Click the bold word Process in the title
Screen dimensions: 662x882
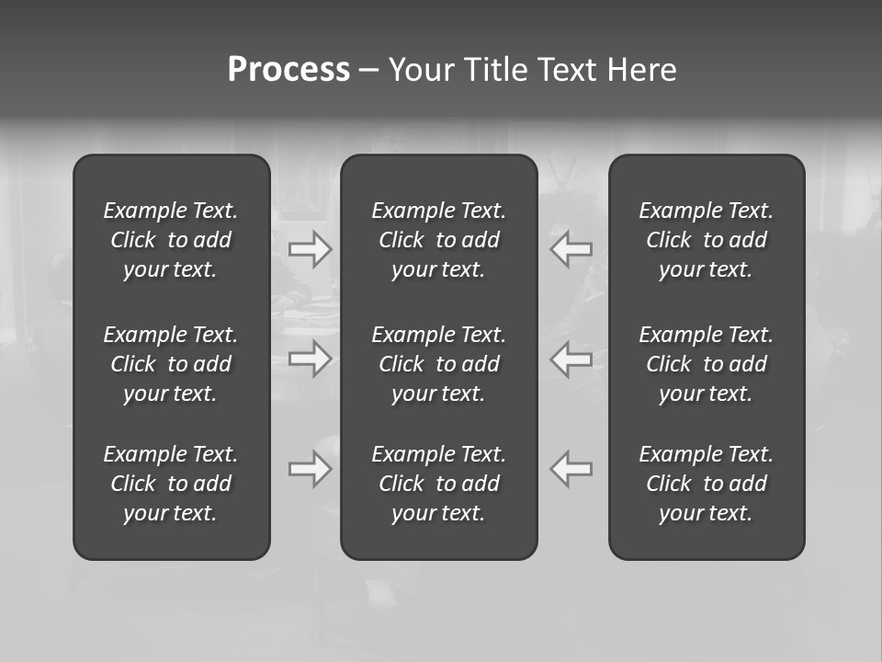coord(288,70)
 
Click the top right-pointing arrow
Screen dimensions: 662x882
coord(311,249)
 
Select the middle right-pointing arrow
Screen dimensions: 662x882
coord(311,359)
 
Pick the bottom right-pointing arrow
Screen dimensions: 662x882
coord(311,469)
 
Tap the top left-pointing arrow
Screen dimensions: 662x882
coord(571,249)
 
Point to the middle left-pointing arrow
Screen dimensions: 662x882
coord(571,359)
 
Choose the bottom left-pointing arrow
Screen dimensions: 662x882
coord(571,469)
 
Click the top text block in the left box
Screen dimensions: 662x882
coord(171,240)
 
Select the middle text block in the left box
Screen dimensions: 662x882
coord(171,364)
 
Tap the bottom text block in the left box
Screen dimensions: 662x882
coord(171,484)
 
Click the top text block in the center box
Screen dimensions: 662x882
coord(438,240)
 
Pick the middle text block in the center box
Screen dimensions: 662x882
coord(438,364)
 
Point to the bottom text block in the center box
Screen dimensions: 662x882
coord(438,484)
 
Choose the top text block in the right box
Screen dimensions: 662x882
coord(706,240)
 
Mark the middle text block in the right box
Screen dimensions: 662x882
coord(706,364)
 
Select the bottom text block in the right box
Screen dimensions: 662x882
coord(706,484)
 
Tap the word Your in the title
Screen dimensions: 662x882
coord(420,70)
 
